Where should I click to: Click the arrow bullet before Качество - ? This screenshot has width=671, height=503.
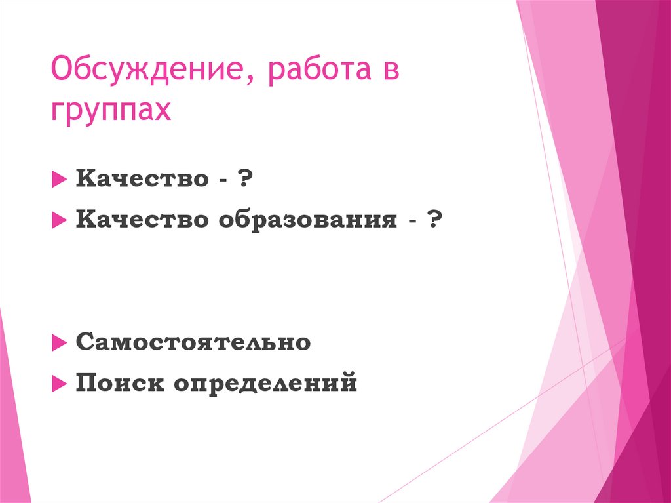tap(58, 179)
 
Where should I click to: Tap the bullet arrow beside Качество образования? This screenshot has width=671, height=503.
tap(58, 221)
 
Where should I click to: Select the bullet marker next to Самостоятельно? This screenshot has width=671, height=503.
tap(58, 342)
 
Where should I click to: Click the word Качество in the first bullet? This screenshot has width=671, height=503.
tap(142, 178)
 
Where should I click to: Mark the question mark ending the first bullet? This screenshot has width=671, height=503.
tap(246, 178)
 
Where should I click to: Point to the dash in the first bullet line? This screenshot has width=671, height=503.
tap(223, 180)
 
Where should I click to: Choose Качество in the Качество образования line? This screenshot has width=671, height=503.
tap(142, 220)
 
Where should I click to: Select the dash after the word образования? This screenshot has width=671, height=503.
tap(412, 222)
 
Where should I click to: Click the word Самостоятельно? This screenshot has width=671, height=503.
tap(193, 342)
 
